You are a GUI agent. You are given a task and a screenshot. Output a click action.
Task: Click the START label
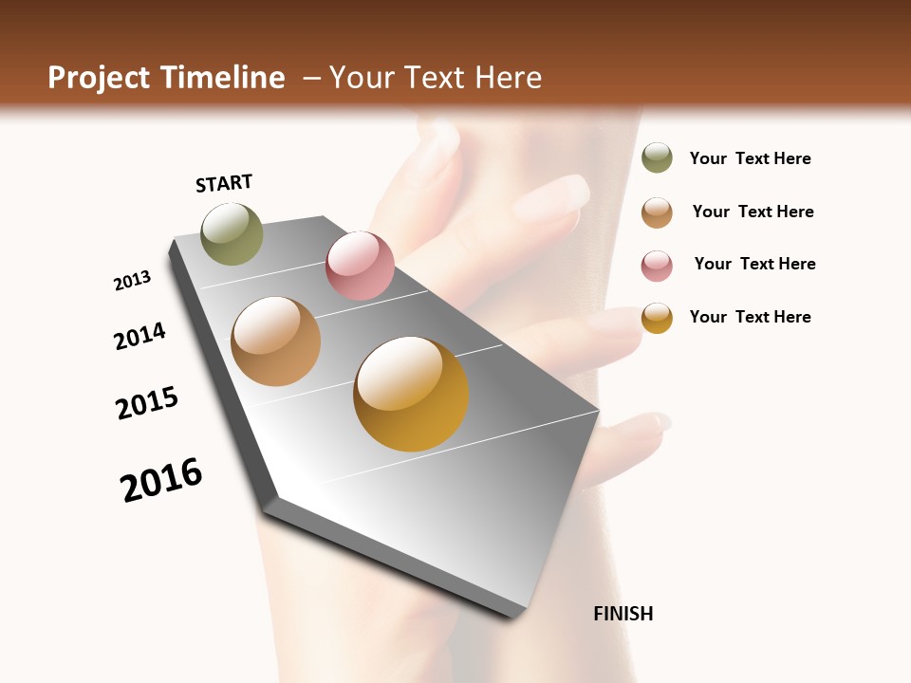click(x=224, y=183)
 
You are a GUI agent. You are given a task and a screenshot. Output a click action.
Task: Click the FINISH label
click(x=623, y=614)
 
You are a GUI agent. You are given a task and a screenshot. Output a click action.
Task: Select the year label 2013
click(x=133, y=281)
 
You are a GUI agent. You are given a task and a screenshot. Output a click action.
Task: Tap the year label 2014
click(x=140, y=336)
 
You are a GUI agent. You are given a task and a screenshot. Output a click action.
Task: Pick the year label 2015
click(x=147, y=403)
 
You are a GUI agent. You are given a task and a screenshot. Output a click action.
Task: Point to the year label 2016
click(x=161, y=480)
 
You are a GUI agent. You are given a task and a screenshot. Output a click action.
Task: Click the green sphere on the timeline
click(x=232, y=233)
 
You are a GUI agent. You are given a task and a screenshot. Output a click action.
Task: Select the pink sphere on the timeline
click(x=360, y=266)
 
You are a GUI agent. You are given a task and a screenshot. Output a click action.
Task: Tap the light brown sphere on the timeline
click(x=276, y=341)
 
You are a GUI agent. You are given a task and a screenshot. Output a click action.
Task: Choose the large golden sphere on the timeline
click(x=411, y=394)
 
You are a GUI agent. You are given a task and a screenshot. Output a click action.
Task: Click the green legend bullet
click(x=657, y=157)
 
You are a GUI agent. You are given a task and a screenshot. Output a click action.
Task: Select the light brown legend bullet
click(x=657, y=212)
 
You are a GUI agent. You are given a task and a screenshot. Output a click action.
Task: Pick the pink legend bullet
click(x=657, y=266)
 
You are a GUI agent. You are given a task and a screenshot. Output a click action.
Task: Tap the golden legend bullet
click(x=657, y=317)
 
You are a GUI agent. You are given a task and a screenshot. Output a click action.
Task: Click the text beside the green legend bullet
click(x=750, y=158)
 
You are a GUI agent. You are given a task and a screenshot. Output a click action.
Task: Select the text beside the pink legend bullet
click(x=754, y=264)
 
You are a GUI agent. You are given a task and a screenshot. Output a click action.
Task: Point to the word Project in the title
click(x=99, y=78)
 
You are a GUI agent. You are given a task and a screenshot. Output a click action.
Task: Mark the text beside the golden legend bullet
click(x=750, y=317)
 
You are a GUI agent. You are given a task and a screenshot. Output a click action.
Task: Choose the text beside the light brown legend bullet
click(x=753, y=212)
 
